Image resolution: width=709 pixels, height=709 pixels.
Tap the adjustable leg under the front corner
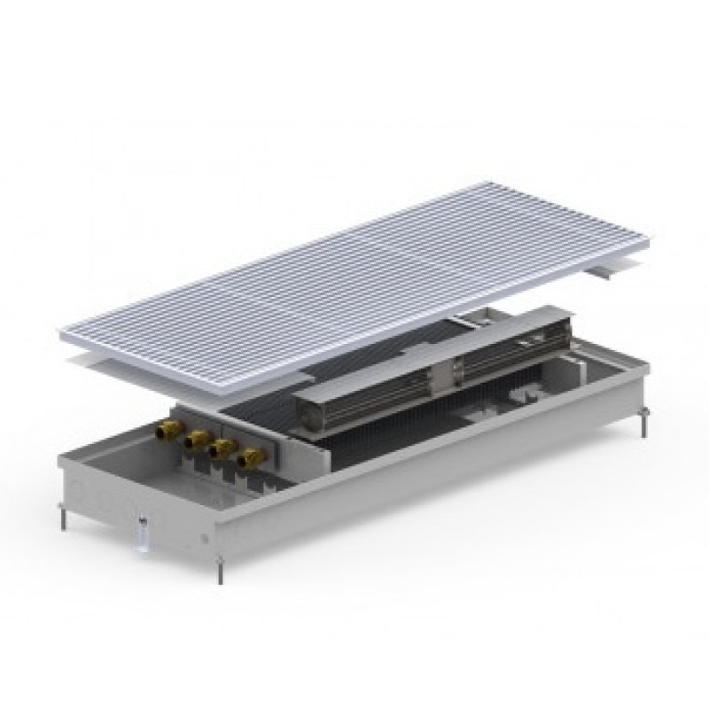pyautogui.click(x=220, y=572)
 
